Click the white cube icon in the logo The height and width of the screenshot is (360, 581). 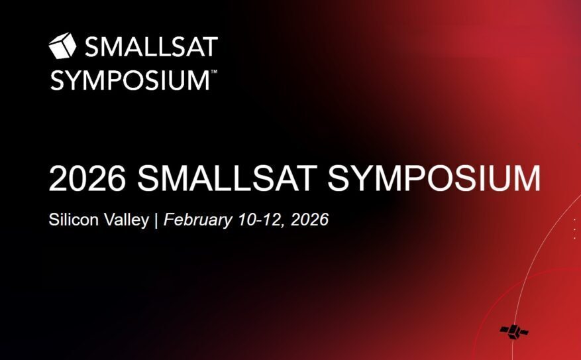tap(62, 46)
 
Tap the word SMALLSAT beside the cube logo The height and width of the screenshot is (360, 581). tap(151, 46)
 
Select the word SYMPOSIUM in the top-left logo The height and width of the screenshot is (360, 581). tap(131, 80)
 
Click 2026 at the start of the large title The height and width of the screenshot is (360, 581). tap(87, 179)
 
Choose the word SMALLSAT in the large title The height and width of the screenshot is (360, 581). tap(227, 179)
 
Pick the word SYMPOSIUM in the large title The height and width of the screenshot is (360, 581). tap(434, 179)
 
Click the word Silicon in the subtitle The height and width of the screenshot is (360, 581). tap(74, 219)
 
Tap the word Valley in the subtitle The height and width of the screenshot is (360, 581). tap(126, 220)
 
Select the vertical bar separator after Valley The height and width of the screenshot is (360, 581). tap(156, 220)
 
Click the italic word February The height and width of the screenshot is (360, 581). tap(198, 220)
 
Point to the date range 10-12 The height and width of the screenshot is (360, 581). tap(261, 219)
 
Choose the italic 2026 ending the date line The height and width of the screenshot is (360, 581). tap(310, 219)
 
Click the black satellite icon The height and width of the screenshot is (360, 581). tap(514, 331)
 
